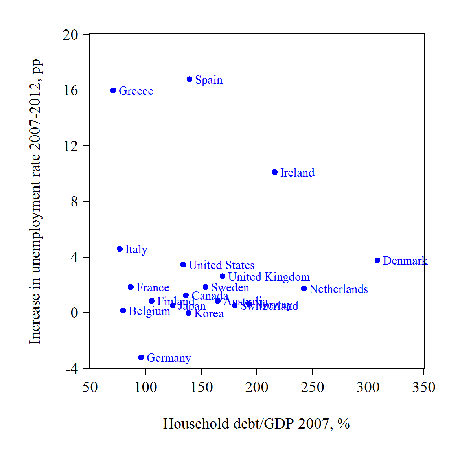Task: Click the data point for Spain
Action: coord(190,79)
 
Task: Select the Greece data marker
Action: coord(113,90)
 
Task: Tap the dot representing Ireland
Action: coord(275,172)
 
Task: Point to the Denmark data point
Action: coord(377,260)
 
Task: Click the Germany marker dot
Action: coord(141,357)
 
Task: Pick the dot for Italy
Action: coord(120,249)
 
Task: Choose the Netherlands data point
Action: coord(304,289)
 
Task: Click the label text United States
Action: coord(221,265)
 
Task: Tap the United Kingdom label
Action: coord(269,277)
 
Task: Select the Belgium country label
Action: coord(149,311)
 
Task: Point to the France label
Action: coord(153,287)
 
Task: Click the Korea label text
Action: coord(209,313)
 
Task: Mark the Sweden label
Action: coord(230,287)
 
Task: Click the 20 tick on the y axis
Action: coord(70,35)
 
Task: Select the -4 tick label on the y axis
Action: coord(72,369)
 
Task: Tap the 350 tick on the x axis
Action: coord(424,387)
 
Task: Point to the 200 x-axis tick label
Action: coord(257,387)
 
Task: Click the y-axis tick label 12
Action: coord(71,146)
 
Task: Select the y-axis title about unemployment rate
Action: coord(35,201)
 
